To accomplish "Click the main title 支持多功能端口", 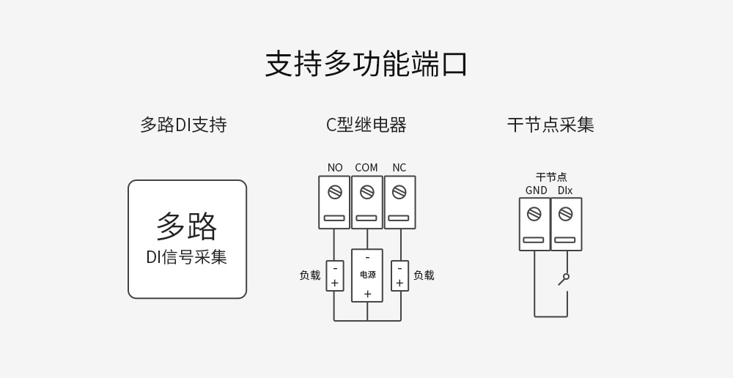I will pyautogui.click(x=366, y=64).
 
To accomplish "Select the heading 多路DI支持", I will pyautogui.click(x=183, y=125).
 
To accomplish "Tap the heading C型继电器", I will pyautogui.click(x=366, y=125).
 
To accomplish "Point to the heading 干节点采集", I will pyautogui.click(x=550, y=125).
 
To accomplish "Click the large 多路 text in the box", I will pyautogui.click(x=187, y=226).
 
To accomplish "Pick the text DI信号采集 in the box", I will pyautogui.click(x=187, y=257).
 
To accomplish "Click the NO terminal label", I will pyautogui.click(x=335, y=168).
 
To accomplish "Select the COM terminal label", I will pyautogui.click(x=366, y=168).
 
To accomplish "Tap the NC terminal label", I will pyautogui.click(x=399, y=168).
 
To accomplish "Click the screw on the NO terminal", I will pyautogui.click(x=335, y=192).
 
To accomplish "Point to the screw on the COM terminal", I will pyautogui.click(x=367, y=192).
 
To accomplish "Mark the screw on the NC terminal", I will pyautogui.click(x=399, y=192).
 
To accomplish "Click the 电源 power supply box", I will pyautogui.click(x=367, y=275).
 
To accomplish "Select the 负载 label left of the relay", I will pyautogui.click(x=309, y=275).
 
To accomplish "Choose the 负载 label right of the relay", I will pyautogui.click(x=424, y=275).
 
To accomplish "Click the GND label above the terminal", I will pyautogui.click(x=536, y=190).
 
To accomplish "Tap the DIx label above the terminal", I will pyautogui.click(x=565, y=190).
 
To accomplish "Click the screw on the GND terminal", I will pyautogui.click(x=534, y=214).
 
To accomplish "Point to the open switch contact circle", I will pyautogui.click(x=566, y=277).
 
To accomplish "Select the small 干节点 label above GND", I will pyautogui.click(x=551, y=177).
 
